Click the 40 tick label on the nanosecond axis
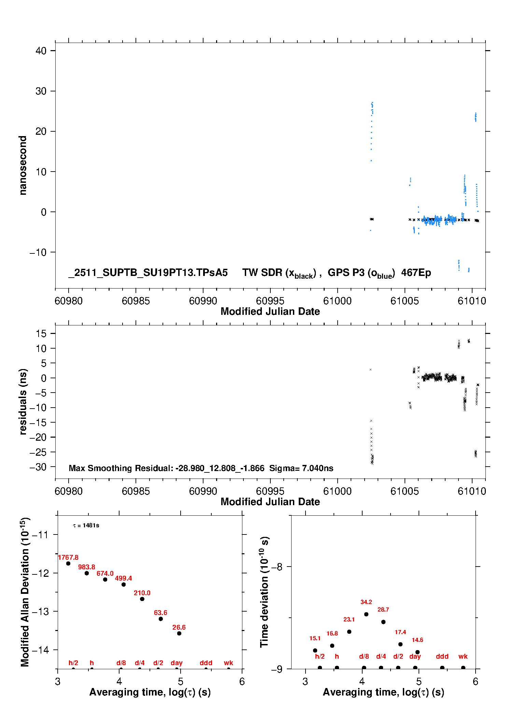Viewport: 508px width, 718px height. pos(41,51)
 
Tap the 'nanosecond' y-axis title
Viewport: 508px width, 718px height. pos(23,165)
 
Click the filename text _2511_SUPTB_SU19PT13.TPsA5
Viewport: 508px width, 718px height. pos(148,273)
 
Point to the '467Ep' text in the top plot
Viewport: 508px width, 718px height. pos(416,273)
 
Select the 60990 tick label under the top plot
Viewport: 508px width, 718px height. pos(203,301)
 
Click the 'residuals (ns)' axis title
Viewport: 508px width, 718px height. pos(23,401)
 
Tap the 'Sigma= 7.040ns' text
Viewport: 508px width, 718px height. pos(301,468)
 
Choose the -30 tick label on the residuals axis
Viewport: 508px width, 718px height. pos(38,467)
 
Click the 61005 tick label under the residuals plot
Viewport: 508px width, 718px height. pos(405,491)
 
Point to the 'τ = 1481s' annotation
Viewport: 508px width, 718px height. pos(86,525)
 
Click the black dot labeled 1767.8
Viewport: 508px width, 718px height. pos(68,563)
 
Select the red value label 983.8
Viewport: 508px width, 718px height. pos(86,567)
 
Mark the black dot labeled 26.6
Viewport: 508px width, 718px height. pos(179,633)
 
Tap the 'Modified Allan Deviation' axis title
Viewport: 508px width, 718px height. pos(25,592)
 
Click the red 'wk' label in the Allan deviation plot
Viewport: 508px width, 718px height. pos(228,663)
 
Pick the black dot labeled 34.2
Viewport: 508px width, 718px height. pos(366,614)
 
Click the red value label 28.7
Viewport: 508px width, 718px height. pos(383,610)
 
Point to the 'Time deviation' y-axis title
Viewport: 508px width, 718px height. pos(264,592)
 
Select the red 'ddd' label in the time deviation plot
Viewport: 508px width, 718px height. pos(442,656)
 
